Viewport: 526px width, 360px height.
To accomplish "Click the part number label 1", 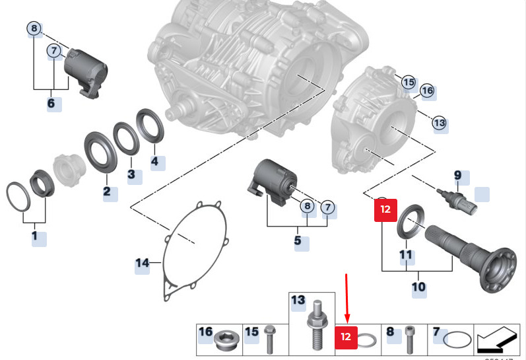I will [35, 235].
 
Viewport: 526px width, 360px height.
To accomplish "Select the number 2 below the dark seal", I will [106, 193].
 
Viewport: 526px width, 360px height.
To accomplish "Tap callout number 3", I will [131, 174].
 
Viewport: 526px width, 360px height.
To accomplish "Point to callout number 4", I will [154, 161].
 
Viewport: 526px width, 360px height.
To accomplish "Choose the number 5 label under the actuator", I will [298, 241].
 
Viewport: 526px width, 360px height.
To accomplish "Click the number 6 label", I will [51, 104].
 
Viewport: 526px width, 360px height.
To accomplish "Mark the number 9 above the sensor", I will [457, 176].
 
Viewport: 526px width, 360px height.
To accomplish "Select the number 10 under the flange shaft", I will [418, 287].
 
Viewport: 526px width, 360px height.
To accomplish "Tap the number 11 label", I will [405, 254].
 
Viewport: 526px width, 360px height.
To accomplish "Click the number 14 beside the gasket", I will [143, 264].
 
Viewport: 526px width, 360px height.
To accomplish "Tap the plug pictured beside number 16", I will [224, 340].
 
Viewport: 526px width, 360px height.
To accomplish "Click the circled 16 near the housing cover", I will [426, 90].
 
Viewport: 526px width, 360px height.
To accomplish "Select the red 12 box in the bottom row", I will [345, 337].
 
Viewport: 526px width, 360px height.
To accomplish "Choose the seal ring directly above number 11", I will [412, 221].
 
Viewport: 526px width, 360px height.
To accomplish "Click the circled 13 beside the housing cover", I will [439, 122].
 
